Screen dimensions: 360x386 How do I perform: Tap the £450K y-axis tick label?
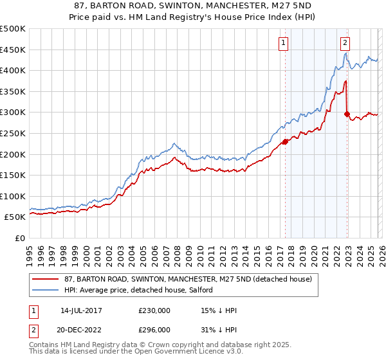point(13,50)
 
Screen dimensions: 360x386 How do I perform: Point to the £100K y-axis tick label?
point(13,196)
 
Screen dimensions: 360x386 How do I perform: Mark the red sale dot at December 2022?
point(347,114)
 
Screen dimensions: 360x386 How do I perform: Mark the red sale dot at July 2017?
point(285,141)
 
